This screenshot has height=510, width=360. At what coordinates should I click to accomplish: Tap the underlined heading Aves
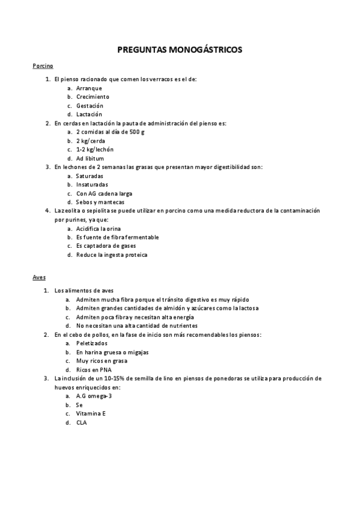(39, 277)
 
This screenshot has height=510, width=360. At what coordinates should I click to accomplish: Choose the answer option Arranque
(89, 88)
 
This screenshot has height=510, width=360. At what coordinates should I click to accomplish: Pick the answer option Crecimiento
(93, 96)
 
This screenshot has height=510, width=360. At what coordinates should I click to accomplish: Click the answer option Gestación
(90, 105)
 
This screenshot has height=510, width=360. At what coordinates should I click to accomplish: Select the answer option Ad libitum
(90, 158)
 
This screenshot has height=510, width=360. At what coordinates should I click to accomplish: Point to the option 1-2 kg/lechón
(95, 149)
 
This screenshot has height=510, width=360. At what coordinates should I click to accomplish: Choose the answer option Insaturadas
(92, 185)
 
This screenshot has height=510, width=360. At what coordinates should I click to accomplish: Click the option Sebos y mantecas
(100, 202)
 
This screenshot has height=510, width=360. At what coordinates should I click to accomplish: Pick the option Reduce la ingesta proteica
(111, 254)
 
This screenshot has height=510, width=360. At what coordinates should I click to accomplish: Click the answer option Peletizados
(92, 343)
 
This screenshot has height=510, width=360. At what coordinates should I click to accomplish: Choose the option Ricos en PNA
(94, 369)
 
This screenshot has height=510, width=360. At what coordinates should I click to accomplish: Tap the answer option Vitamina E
(91, 414)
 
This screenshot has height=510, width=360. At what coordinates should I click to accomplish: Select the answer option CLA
(82, 423)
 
